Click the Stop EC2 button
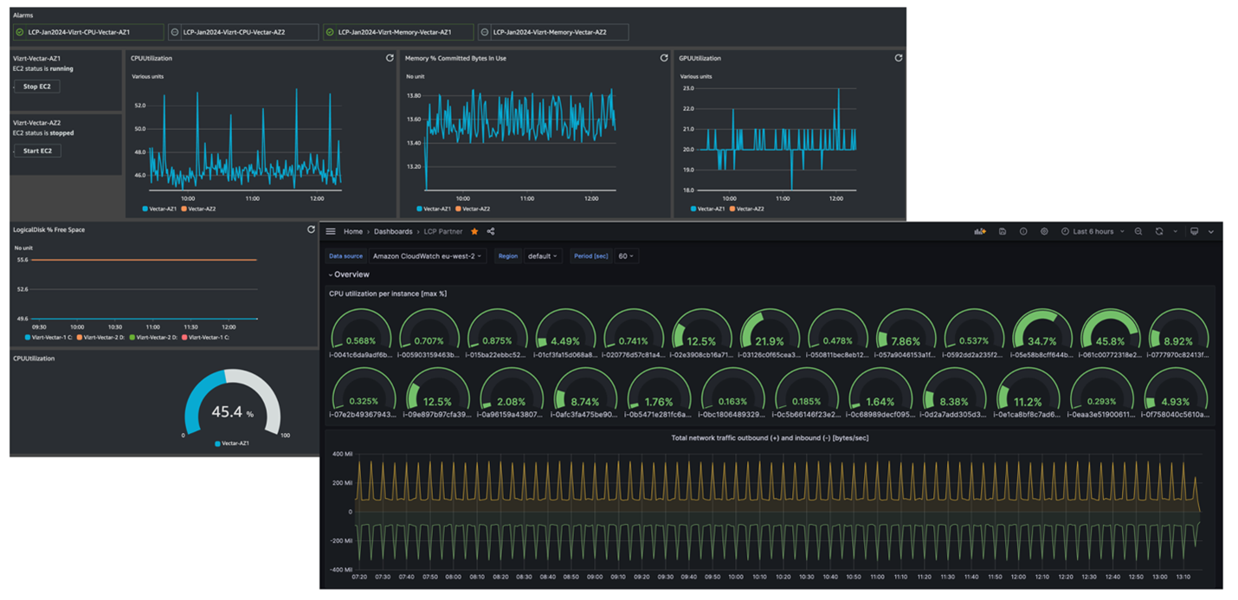(x=36, y=87)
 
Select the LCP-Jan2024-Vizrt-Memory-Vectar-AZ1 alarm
(x=394, y=32)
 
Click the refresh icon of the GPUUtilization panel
(x=898, y=58)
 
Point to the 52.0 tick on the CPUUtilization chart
(x=139, y=106)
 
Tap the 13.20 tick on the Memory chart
(x=414, y=166)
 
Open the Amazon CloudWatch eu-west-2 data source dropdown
(x=428, y=256)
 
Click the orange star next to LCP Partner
(x=474, y=232)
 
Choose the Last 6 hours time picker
(x=1093, y=232)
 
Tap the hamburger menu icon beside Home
(x=331, y=232)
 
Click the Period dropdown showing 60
(x=626, y=256)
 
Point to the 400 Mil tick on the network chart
(x=342, y=455)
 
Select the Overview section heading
(x=351, y=274)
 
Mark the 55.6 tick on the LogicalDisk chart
(x=22, y=260)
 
